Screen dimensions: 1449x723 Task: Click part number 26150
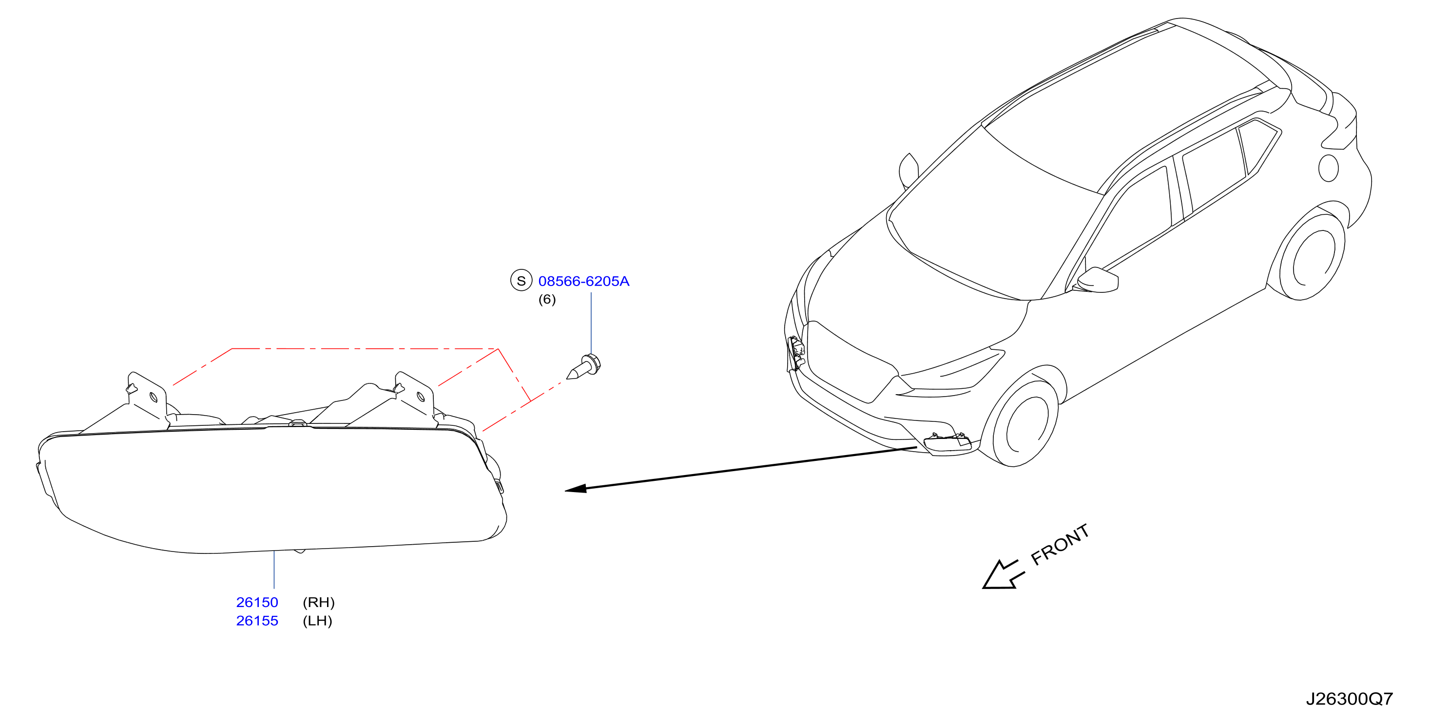coord(257,602)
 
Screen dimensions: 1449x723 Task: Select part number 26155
coord(257,621)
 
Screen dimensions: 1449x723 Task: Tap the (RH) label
coord(318,602)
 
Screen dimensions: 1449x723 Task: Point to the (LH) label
coord(317,621)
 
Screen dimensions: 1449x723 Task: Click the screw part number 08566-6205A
coord(584,281)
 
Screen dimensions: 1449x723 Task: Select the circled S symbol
coord(521,280)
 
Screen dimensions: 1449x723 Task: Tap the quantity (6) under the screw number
coord(547,299)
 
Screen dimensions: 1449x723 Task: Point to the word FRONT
coord(1060,544)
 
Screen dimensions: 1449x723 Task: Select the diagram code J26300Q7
coord(1349,699)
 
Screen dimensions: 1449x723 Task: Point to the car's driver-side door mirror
coord(1098,280)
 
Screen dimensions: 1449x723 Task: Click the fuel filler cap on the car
coord(1328,168)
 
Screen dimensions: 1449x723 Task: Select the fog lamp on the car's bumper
coord(947,442)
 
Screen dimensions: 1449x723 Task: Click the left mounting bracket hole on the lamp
coord(154,398)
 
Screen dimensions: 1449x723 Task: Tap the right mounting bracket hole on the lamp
coord(420,398)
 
